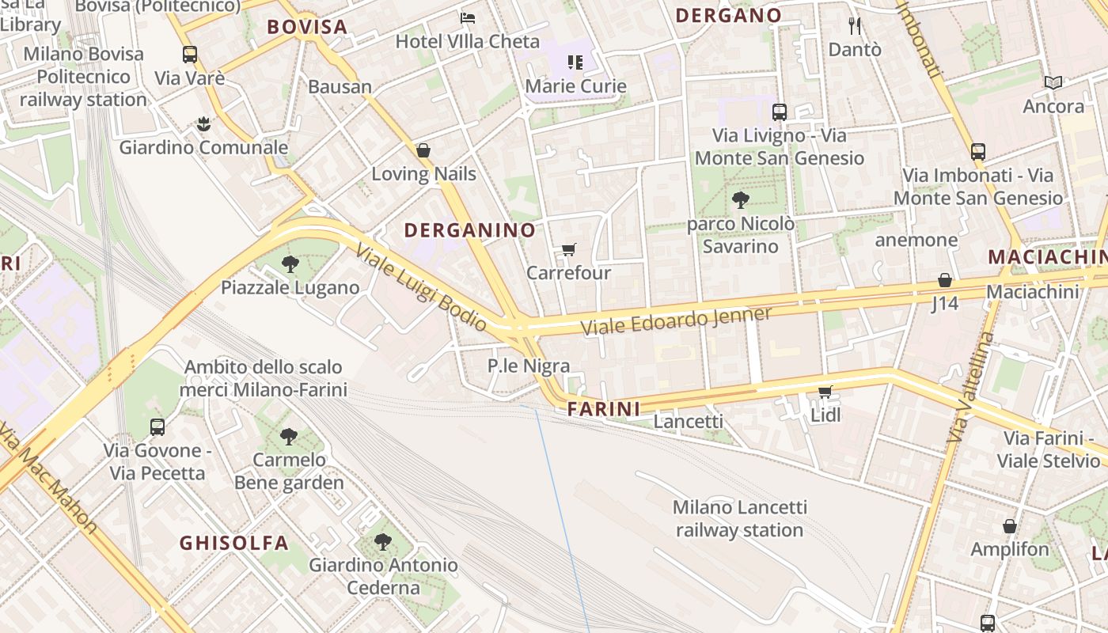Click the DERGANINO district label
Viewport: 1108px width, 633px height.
pos(469,230)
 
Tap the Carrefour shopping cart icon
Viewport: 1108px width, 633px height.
pos(568,250)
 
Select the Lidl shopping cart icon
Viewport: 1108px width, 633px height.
pos(825,392)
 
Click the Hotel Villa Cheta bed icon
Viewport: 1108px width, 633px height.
pos(468,17)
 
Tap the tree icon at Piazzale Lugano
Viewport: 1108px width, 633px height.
pos(290,264)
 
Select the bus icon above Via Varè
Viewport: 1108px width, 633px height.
pos(190,55)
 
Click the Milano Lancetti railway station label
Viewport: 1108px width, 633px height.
pos(739,518)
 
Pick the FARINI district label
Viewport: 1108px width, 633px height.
pos(603,409)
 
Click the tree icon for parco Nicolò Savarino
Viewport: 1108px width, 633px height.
pos(740,200)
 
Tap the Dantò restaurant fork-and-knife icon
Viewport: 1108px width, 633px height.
pos(854,26)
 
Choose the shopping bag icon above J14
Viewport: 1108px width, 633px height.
pos(944,280)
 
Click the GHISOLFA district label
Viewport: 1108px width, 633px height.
pos(233,543)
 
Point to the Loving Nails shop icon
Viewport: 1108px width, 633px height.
pos(423,150)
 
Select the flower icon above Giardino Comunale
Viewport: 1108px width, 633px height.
pos(203,124)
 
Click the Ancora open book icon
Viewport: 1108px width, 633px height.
pos(1053,82)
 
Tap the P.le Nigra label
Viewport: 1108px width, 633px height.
pos(528,366)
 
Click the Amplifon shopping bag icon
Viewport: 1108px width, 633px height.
pos(1009,526)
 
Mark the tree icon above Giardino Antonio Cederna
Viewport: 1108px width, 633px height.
pos(383,542)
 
